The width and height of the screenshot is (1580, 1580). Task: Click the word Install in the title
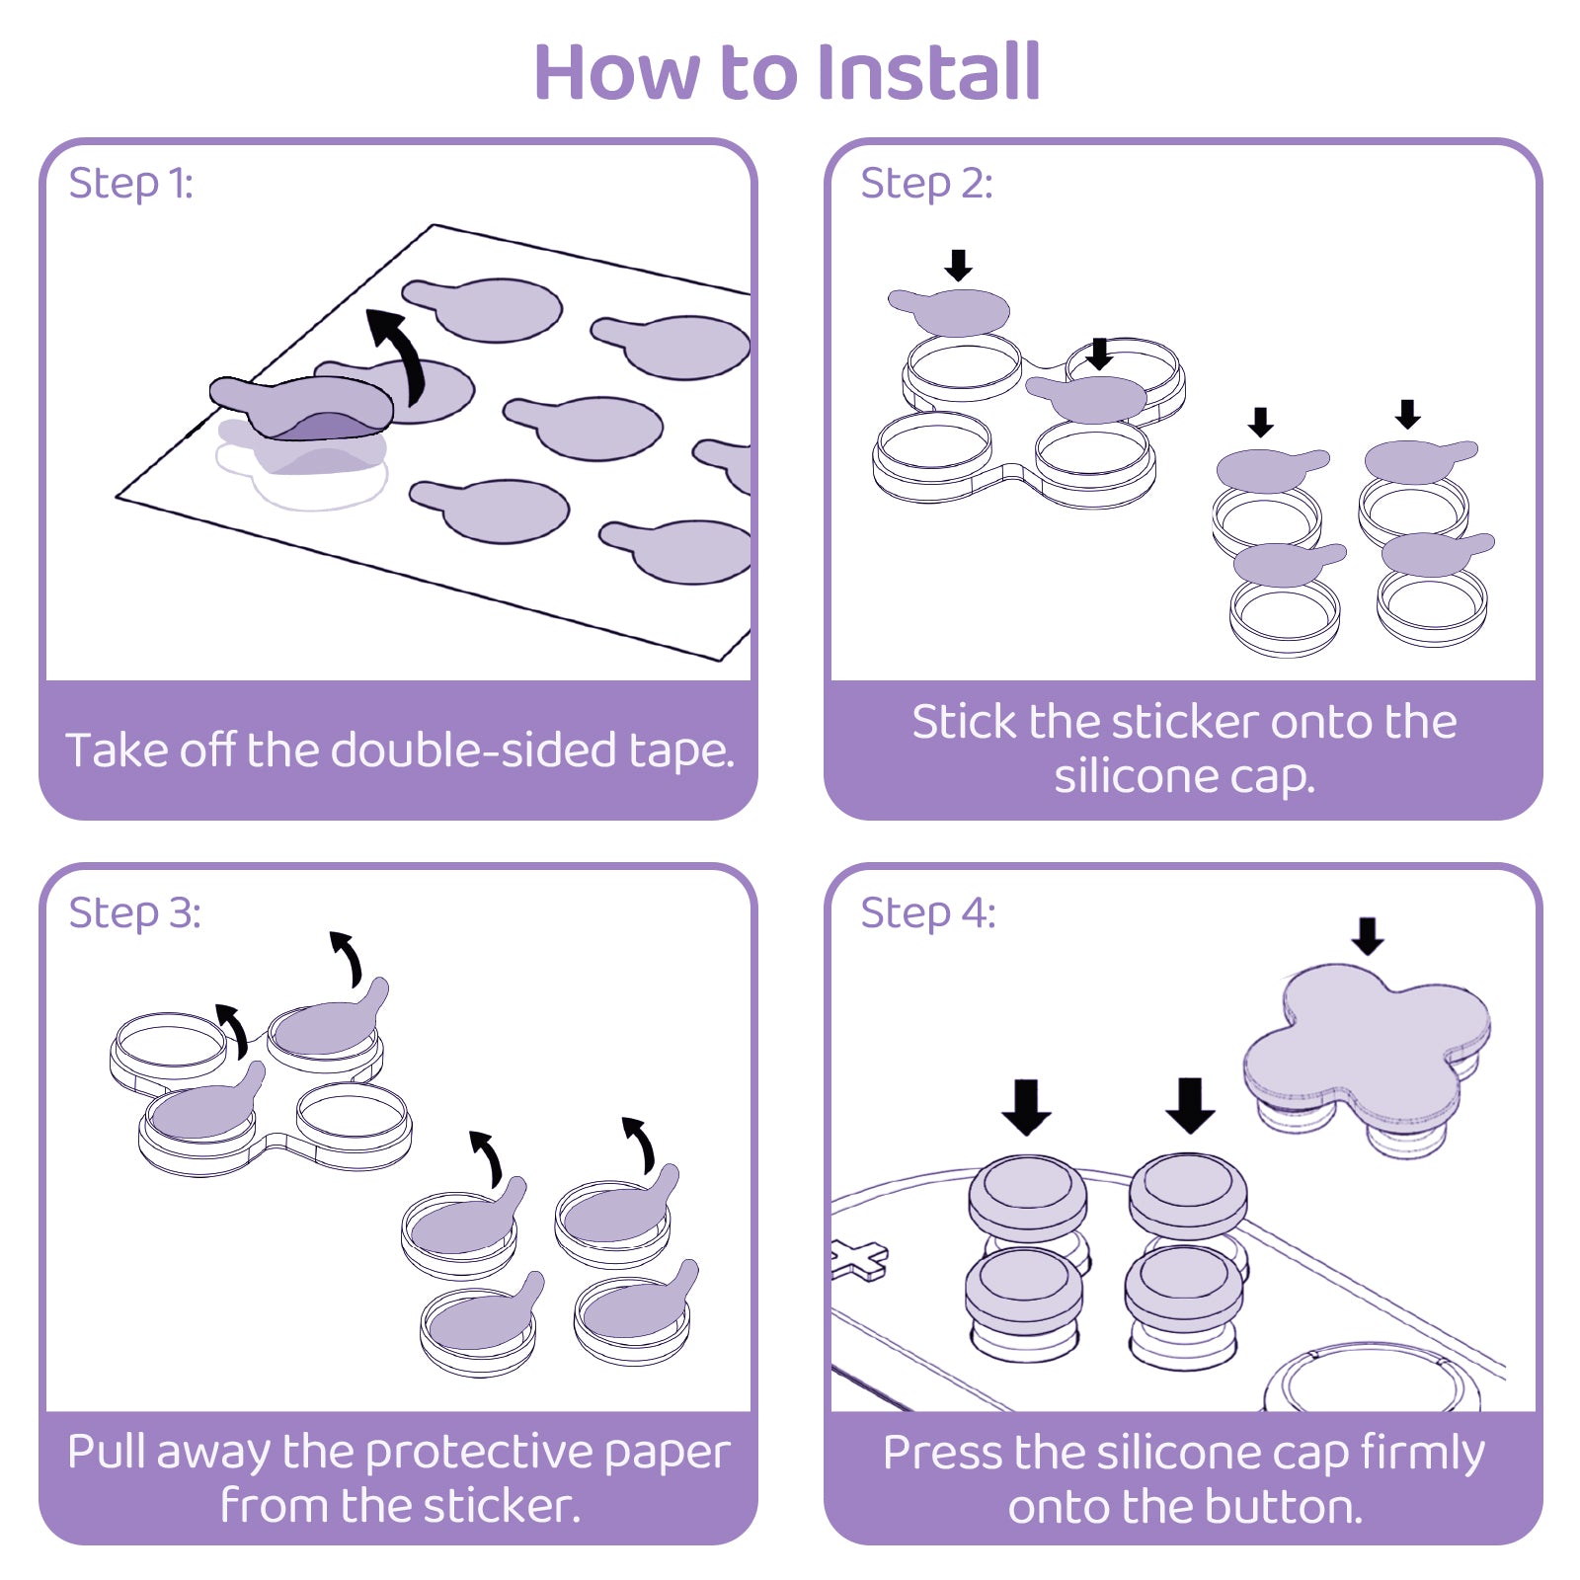coord(929,72)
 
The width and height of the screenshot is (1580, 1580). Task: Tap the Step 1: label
coord(130,184)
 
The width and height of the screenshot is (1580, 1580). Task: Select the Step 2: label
coord(925,184)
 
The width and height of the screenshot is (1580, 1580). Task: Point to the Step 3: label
coord(134,913)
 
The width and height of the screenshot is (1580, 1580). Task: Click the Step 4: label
coord(927,913)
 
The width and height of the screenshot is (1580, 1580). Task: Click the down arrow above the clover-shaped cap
coord(1368,935)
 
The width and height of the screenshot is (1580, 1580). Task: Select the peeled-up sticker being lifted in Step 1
coord(301,405)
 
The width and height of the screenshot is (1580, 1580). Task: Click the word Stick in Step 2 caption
coord(963,722)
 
